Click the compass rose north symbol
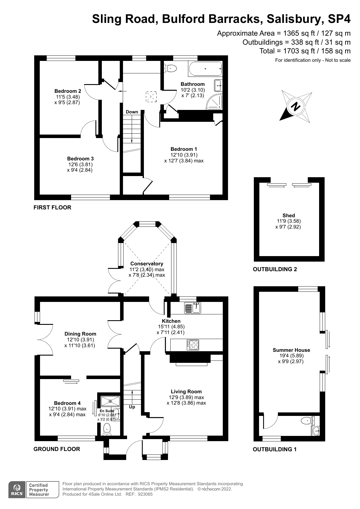pos(296,106)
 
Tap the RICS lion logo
pos(17,490)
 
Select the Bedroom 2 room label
pos(68,91)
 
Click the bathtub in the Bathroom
pos(205,69)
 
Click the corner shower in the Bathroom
pos(215,102)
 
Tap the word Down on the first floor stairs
pos(132,112)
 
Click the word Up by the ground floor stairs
pos(132,407)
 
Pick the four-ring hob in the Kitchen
pos(193,345)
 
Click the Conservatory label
pos(147,264)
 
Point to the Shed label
pos(289,215)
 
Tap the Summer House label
pos(291,350)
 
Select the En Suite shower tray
pos(110,401)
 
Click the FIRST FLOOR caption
pos(52,207)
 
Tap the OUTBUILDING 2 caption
pos(275,269)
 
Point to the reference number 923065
pos(145,494)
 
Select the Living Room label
pos(186,392)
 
